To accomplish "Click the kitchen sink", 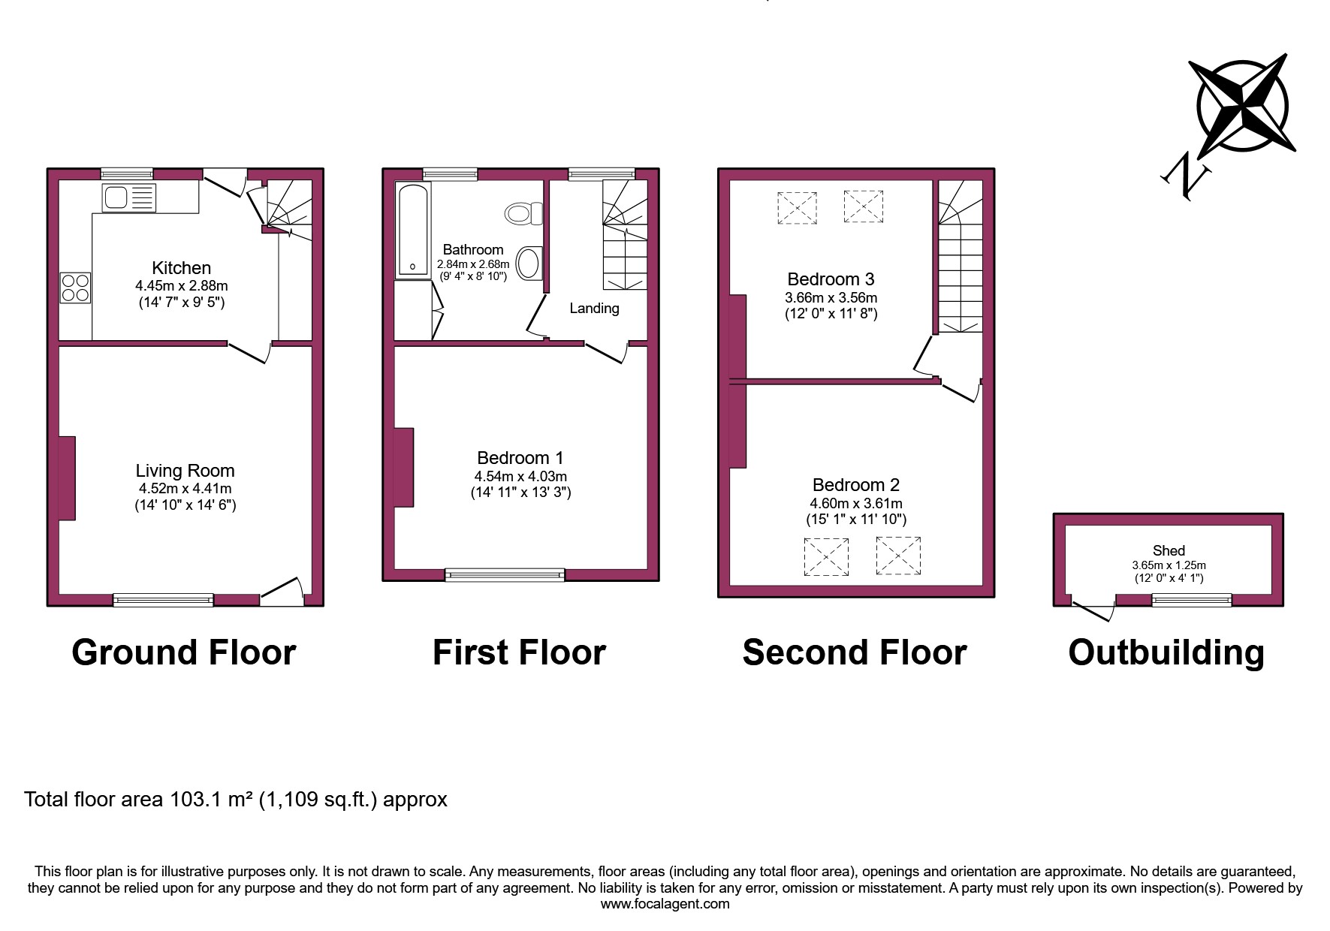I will click(128, 198).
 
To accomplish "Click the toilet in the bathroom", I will click(524, 213).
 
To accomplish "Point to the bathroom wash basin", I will click(529, 264).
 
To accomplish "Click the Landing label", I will click(594, 309).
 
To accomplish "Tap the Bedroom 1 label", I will click(520, 458).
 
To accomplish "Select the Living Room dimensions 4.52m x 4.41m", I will click(184, 489).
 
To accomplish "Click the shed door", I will click(1093, 610).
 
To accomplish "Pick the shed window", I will click(1192, 599).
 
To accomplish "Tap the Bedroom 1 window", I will click(505, 575).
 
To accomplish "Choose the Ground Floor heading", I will click(184, 652).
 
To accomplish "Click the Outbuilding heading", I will click(1166, 652).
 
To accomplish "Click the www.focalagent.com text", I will click(665, 904).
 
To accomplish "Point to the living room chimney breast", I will click(67, 478).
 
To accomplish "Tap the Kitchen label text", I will click(181, 268).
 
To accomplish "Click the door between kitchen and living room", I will click(249, 351).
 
